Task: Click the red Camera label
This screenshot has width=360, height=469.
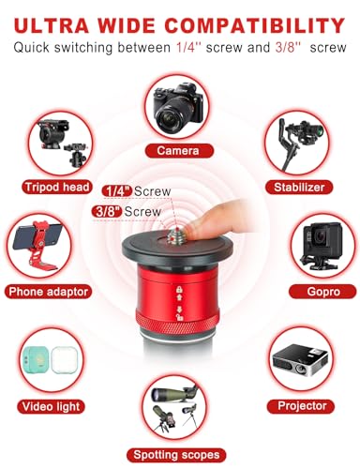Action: pyautogui.click(x=179, y=151)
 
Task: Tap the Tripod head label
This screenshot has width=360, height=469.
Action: pyautogui.click(x=57, y=187)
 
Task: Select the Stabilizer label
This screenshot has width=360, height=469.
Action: pyautogui.click(x=299, y=187)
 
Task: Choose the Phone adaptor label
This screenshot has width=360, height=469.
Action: pyautogui.click(x=49, y=292)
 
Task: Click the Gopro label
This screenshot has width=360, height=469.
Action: pyautogui.click(x=322, y=292)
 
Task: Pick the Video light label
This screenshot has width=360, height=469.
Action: pyautogui.click(x=51, y=406)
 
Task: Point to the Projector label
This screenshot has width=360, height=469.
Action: pyautogui.click(x=302, y=406)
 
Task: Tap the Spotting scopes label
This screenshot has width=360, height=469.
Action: pyautogui.click(x=176, y=455)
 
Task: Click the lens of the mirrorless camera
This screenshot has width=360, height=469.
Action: pyautogui.click(x=172, y=117)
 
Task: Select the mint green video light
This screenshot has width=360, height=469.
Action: pyautogui.click(x=36, y=360)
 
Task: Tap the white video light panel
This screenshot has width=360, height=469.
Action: pyautogui.click(x=65, y=360)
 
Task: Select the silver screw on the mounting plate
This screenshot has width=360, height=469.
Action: pyautogui.click(x=175, y=237)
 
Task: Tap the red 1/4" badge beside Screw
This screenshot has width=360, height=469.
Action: pyautogui.click(x=117, y=191)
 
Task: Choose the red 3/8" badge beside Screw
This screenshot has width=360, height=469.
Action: pyautogui.click(x=107, y=212)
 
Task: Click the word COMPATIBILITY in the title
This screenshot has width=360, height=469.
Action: pyautogui.click(x=255, y=25)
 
